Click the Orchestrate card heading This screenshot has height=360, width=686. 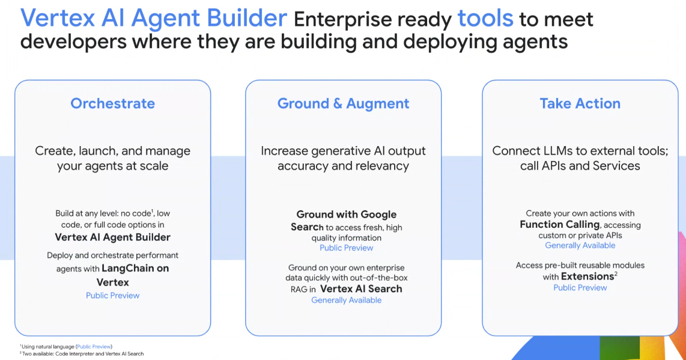pos(112,103)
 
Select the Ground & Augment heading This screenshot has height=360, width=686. pos(344,103)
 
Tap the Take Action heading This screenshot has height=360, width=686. pos(580,103)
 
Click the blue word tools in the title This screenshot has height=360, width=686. pos(485,19)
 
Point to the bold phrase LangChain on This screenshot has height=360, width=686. pos(135,268)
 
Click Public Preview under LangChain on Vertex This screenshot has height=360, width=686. pos(112,296)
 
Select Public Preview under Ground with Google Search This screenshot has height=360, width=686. pos(347,248)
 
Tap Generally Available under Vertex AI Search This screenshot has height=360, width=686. pos(347,300)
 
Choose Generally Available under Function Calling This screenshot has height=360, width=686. pos(580,245)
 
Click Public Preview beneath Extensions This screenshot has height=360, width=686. pos(580,288)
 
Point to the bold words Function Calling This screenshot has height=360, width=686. pos(560,224)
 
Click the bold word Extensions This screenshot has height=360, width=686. pos(587,276)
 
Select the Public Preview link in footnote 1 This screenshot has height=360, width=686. pos(94,346)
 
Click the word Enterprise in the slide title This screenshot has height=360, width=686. pos(372,20)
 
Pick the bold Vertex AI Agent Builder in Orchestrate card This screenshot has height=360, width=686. pos(112,237)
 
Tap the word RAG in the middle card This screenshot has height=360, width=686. pos(299,290)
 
